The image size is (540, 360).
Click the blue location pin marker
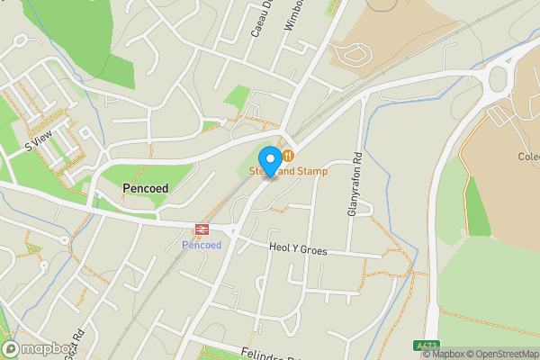(269, 159)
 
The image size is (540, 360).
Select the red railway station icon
(202, 230)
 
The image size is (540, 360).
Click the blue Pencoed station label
(202, 245)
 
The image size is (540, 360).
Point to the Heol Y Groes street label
(298, 250)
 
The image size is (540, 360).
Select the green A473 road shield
(427, 345)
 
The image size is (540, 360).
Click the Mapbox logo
(38, 348)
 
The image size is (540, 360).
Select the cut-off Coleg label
(528, 156)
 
